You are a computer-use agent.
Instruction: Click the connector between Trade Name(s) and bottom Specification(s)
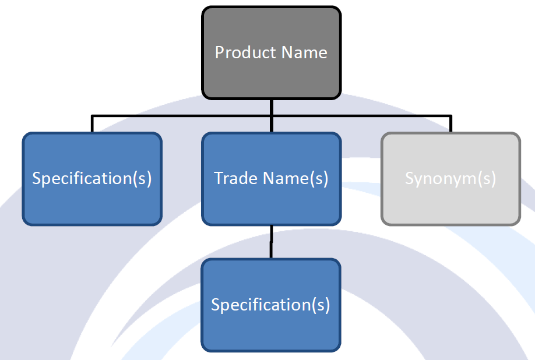tap(271, 242)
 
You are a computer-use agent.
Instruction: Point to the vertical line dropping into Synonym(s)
tap(450, 125)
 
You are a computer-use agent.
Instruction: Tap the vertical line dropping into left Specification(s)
tap(92, 125)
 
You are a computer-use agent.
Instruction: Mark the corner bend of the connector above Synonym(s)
tap(450, 117)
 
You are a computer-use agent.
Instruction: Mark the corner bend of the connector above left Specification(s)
tap(92, 117)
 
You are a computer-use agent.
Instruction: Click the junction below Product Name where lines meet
tap(271, 117)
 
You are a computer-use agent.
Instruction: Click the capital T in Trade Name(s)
tap(219, 178)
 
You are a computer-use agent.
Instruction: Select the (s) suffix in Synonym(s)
tap(487, 178)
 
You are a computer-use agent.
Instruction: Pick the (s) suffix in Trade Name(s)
tap(318, 178)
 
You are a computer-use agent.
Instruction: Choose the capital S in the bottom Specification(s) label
tap(215, 305)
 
